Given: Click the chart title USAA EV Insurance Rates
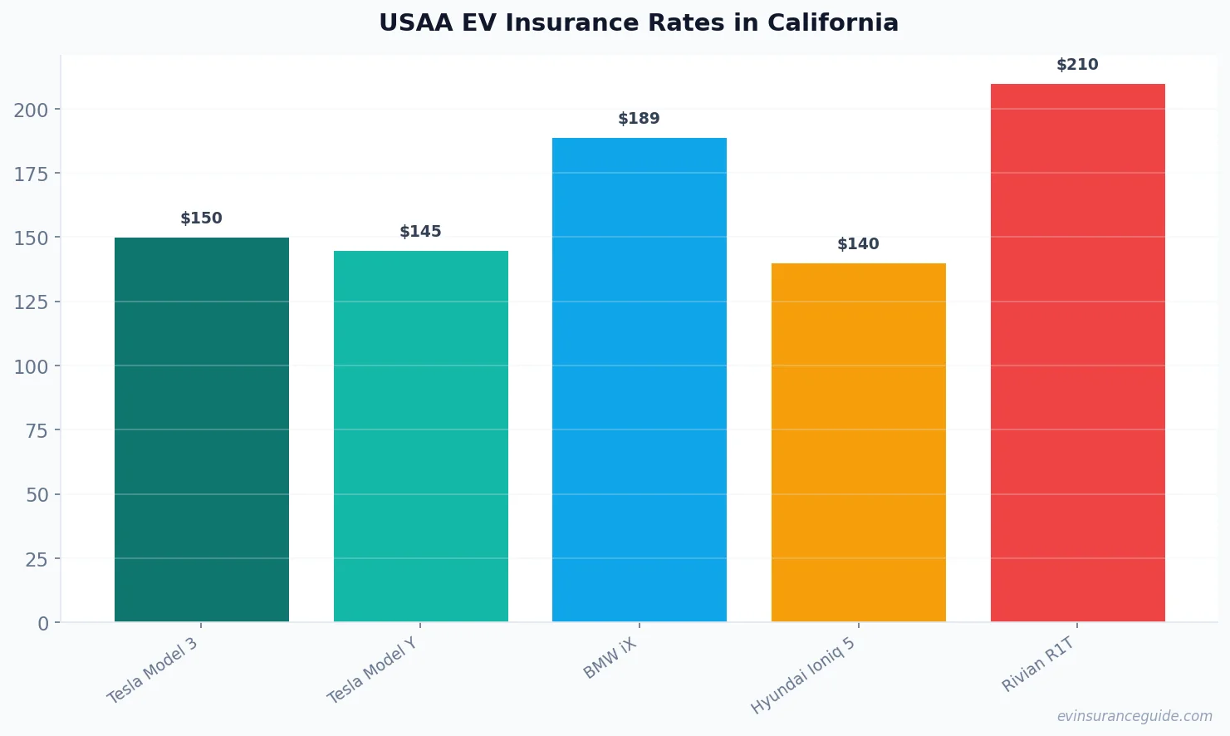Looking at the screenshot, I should pos(638,23).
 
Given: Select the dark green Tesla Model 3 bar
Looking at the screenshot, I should pos(202,429).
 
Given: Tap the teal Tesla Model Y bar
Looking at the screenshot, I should pos(420,436).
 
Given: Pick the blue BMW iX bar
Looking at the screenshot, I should pos(639,380).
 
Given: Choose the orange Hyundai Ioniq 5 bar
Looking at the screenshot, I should pos(858,442).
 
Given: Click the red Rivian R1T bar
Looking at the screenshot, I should pos(1077,352).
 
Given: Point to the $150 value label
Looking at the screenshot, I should pos(202,218).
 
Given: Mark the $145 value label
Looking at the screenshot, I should pos(420,232).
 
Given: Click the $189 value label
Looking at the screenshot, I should pos(639,119).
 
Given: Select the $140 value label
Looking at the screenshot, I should pos(858,244).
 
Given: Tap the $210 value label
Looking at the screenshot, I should pos(1077,65).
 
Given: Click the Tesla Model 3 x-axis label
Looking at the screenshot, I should pos(153,670).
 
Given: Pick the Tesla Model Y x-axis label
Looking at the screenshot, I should pos(372,671).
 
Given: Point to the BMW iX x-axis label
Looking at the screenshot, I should pos(610,659).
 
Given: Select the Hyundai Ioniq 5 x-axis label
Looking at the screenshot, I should pos(803,675).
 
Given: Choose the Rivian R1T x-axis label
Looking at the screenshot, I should pos(1039,665).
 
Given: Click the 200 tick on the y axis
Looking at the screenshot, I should pos(31,110).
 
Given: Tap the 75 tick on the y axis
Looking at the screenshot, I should pos(37,430).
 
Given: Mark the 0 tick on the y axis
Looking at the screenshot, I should pos(43,624).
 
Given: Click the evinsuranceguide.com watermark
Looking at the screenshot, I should pos(1134,716).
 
